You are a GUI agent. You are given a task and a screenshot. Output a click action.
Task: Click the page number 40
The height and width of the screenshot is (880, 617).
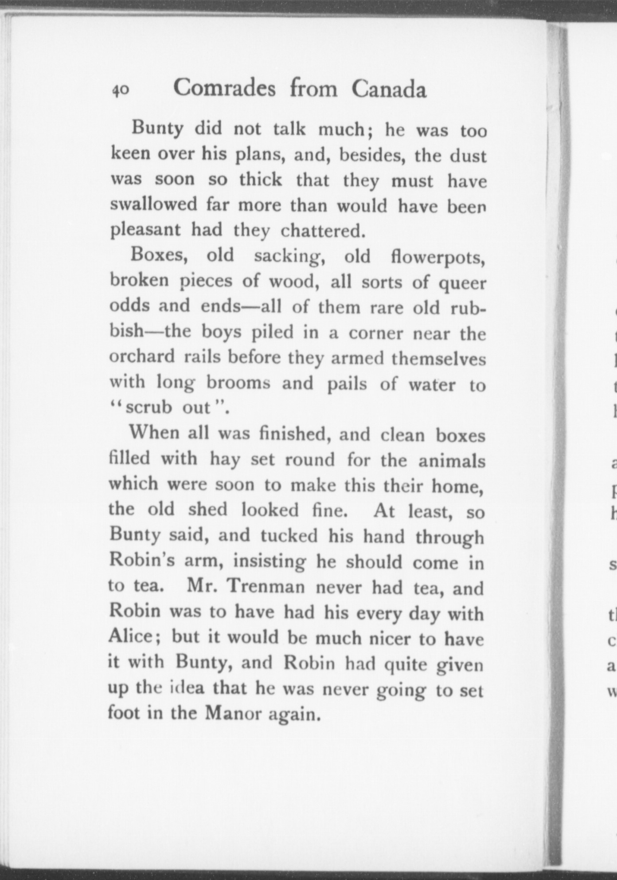120,90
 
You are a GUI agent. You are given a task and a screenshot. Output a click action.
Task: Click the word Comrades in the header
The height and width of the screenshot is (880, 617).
224,88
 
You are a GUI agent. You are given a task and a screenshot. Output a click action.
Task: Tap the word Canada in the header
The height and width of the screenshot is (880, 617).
389,89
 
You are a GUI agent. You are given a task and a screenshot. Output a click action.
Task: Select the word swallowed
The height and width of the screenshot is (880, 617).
154,204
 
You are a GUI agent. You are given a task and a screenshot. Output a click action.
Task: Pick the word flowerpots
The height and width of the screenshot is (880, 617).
438,257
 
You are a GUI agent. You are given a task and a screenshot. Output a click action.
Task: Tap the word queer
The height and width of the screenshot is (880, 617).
462,283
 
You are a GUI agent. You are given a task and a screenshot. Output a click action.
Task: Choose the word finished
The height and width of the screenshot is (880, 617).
296,433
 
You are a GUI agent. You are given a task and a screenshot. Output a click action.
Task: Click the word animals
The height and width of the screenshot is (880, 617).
452,461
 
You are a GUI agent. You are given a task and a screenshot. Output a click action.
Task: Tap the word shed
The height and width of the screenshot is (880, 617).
207,509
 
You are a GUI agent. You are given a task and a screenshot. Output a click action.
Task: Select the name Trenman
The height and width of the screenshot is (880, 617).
266,586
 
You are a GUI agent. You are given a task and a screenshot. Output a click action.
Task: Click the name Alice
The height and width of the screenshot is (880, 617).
130,636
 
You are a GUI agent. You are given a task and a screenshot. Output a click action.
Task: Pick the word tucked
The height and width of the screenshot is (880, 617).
289,535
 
